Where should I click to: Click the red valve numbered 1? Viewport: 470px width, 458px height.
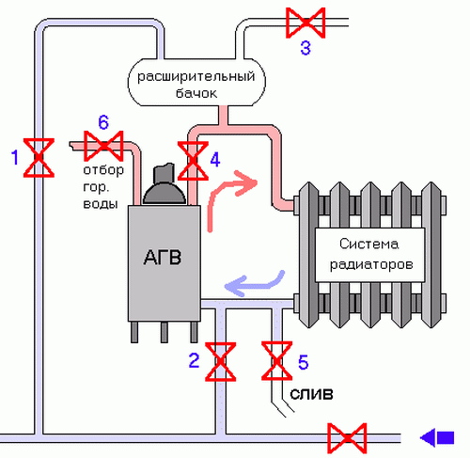[39, 158]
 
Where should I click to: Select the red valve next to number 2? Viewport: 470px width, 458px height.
[220, 361]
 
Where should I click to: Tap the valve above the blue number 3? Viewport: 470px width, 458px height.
[305, 23]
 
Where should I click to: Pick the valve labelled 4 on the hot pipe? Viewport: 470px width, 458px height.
[193, 161]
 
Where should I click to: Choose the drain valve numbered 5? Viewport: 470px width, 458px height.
[277, 361]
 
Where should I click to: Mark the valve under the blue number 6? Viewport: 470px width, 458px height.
[103, 146]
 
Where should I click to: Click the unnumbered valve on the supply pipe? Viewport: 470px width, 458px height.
[347, 438]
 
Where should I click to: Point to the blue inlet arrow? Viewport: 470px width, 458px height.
[437, 438]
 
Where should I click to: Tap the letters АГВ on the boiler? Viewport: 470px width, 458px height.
[163, 258]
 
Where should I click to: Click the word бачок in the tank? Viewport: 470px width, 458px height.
[196, 93]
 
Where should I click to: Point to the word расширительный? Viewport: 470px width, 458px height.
[196, 76]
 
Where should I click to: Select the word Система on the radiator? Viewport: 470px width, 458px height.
[368, 244]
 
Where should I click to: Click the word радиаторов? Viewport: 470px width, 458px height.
[371, 264]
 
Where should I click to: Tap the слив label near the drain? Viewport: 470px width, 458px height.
[311, 394]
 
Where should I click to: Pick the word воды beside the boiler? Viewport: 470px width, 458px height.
[101, 204]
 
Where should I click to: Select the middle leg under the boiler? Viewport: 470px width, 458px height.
[164, 332]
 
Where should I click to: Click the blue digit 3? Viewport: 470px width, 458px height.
[305, 48]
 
